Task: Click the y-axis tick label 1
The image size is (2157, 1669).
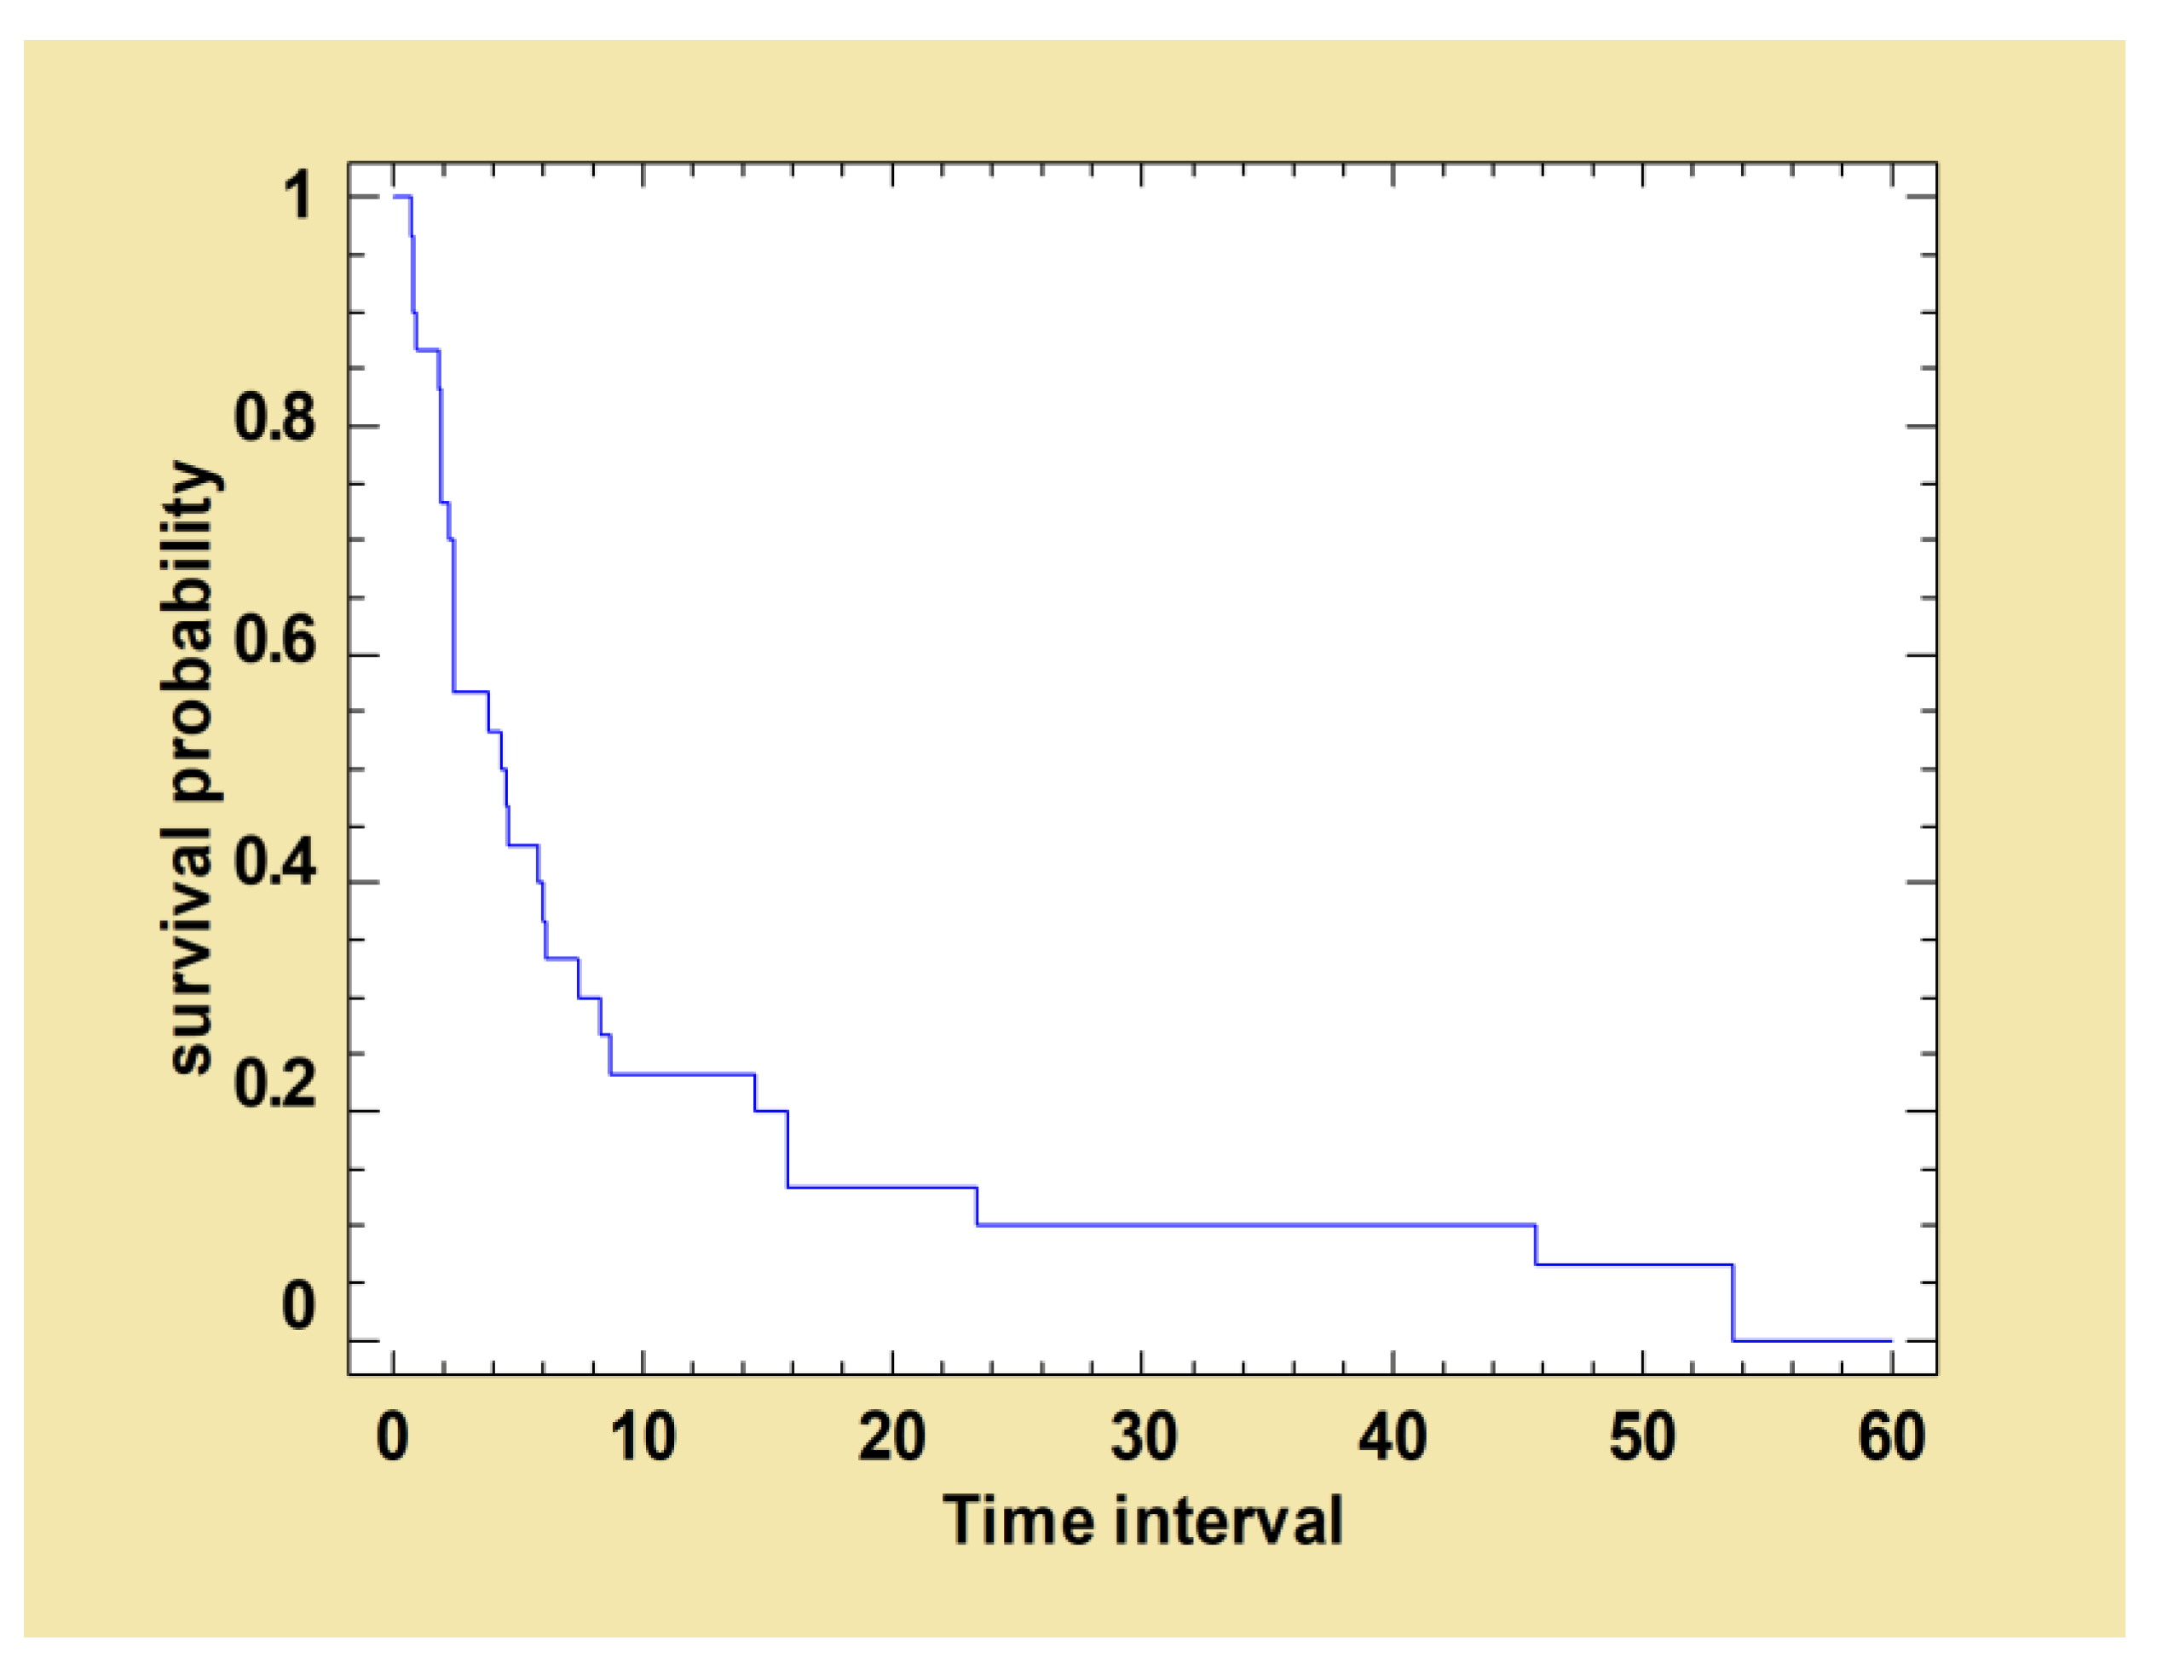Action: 297,196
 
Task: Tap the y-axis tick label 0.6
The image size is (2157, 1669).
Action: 274,640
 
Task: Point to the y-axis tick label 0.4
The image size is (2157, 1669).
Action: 274,863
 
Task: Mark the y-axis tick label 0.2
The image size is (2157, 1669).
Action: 274,1084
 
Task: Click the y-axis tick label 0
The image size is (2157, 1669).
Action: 297,1305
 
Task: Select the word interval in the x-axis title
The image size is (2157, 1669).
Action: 1230,1520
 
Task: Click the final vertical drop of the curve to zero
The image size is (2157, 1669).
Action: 1733,1303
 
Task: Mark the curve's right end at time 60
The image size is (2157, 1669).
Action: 1890,1341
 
